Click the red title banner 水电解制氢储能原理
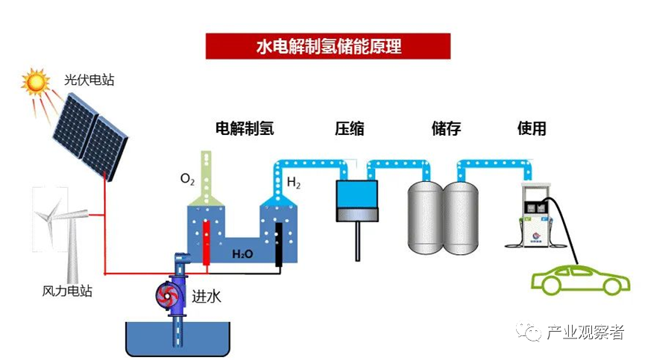coord(328,46)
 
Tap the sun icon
coord(34,82)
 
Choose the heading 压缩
coord(349,128)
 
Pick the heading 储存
coord(446,128)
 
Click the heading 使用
coord(532,128)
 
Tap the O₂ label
coord(188,180)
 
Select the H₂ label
coord(294,182)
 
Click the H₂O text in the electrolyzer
coord(242,254)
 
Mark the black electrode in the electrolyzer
coord(277,242)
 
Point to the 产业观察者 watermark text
coord(585,333)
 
